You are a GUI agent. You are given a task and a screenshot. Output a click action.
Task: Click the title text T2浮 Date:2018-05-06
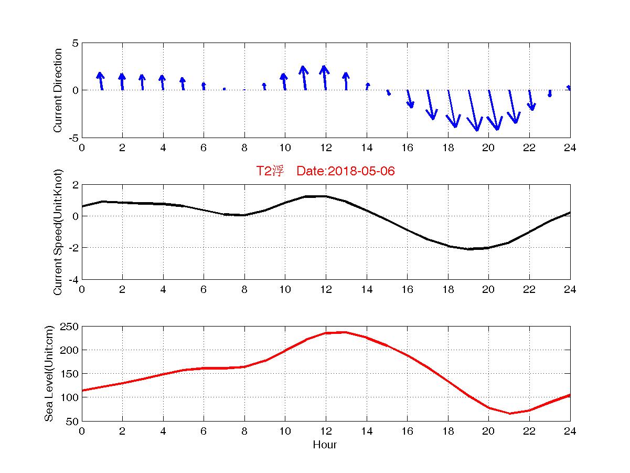click(325, 171)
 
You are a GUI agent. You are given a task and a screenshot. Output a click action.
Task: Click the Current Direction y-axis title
click(58, 90)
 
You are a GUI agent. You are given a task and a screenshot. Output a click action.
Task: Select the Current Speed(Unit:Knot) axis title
click(58, 232)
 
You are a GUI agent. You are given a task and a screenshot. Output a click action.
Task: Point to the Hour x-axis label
click(325, 445)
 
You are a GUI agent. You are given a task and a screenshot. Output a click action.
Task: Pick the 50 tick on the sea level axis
click(73, 421)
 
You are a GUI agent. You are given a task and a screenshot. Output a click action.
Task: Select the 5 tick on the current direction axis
click(76, 43)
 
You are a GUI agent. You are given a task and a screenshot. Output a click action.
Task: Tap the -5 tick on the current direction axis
click(74, 138)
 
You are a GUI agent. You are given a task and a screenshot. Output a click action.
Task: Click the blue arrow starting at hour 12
click(325, 78)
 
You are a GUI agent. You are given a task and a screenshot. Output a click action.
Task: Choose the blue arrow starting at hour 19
click(473, 110)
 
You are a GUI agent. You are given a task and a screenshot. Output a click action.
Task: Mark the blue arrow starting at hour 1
click(100, 81)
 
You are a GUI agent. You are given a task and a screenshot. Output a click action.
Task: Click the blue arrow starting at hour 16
click(410, 99)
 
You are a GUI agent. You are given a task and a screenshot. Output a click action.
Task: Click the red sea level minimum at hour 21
click(509, 414)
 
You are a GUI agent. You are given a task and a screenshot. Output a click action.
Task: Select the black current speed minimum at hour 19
click(468, 249)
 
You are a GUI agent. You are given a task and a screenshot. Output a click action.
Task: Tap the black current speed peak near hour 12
click(325, 196)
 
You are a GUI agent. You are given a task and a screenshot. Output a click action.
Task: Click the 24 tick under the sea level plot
click(570, 431)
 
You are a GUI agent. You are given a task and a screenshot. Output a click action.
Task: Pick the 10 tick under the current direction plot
click(285, 148)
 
